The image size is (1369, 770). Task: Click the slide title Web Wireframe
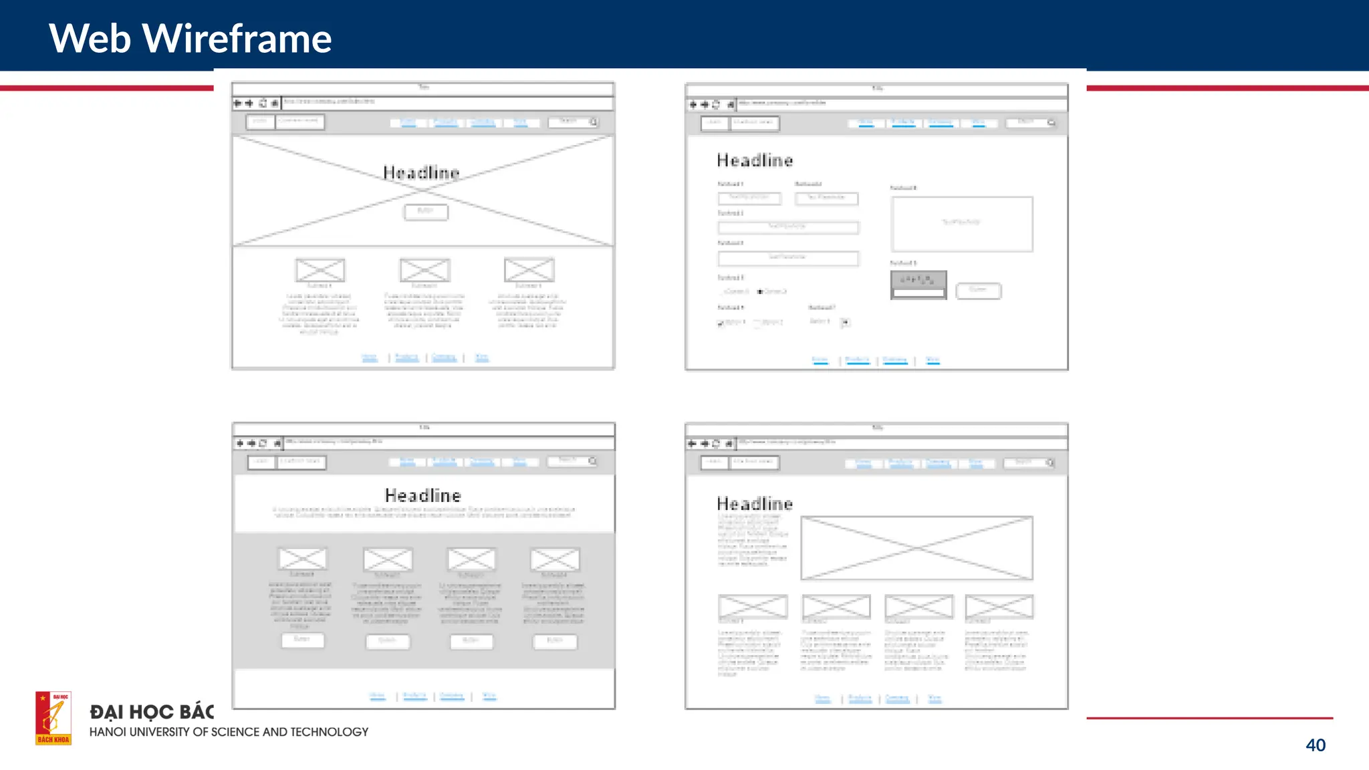[190, 38]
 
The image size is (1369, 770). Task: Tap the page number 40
[1315, 745]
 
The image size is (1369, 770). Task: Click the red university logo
[53, 718]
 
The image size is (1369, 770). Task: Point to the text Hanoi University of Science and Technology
[229, 732]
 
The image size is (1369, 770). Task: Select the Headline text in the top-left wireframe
[421, 173]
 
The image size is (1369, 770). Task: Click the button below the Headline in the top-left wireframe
[426, 212]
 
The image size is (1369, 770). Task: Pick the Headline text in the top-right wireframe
[755, 160]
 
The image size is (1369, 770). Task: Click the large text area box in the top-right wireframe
[961, 224]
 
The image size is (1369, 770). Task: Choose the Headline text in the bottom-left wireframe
[422, 495]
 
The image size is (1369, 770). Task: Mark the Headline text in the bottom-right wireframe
[755, 503]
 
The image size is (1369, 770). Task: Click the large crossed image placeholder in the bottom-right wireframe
[916, 548]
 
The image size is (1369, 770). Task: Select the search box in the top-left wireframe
[572, 122]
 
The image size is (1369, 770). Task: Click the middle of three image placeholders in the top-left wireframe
[424, 270]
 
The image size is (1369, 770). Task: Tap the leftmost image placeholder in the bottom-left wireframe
[302, 559]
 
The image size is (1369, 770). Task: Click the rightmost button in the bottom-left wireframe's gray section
[554, 642]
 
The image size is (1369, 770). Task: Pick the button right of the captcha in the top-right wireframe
[978, 290]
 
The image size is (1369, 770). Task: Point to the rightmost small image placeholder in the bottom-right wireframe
[999, 606]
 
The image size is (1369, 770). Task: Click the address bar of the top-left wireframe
[447, 102]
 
